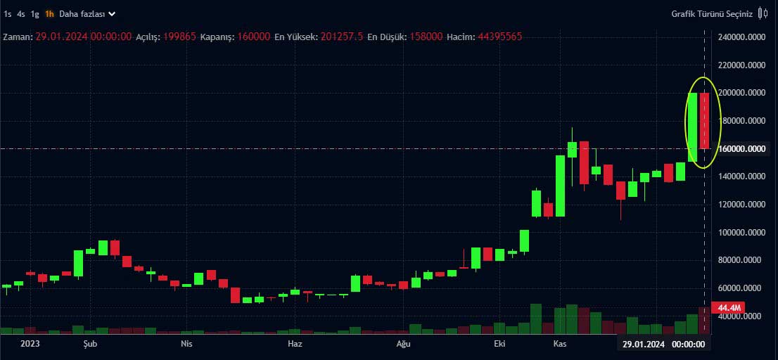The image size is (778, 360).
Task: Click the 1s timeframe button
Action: click(8, 13)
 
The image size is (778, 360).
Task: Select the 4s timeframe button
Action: click(21, 13)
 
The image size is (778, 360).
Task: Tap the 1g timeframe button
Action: click(35, 13)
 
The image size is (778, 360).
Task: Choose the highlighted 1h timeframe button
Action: click(49, 13)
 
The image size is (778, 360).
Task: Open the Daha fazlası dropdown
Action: click(87, 13)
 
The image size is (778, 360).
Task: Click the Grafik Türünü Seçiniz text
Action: click(711, 13)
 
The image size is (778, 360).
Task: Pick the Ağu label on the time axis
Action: click(403, 344)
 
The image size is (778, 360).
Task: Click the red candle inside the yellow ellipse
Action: click(705, 120)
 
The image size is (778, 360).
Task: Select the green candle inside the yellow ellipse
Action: click(693, 127)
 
